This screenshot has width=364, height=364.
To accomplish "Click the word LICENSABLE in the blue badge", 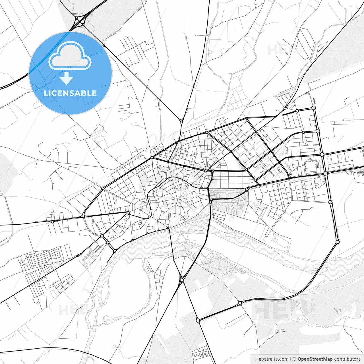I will (70, 93).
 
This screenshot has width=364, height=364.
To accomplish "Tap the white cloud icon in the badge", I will (70, 56).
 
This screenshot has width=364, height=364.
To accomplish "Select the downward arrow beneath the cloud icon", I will (66, 78).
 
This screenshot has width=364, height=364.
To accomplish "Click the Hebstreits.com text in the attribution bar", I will (272, 359).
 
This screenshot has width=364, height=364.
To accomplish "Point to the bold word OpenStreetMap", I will (315, 359).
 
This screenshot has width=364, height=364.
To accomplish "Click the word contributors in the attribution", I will (347, 359).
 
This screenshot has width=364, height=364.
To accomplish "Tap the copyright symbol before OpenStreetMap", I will (294, 359).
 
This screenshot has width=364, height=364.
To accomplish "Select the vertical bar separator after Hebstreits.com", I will (291, 359).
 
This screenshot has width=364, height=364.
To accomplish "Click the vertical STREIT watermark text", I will (313, 307).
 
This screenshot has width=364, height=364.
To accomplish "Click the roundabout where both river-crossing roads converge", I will (182, 280).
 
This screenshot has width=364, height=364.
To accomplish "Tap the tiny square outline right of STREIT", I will (338, 310).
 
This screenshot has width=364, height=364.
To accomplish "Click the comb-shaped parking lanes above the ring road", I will (314, 100).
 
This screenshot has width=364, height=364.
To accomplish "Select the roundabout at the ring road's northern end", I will (314, 108).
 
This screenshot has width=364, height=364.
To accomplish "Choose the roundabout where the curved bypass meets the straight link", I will (240, 303).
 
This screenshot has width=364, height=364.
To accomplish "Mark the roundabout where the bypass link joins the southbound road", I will (198, 320).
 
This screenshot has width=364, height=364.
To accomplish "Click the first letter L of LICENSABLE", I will (46, 93).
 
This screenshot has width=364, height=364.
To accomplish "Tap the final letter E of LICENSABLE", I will (94, 93).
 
